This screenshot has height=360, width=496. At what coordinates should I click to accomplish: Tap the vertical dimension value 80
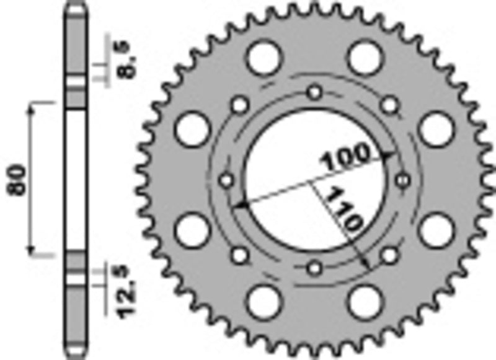18,179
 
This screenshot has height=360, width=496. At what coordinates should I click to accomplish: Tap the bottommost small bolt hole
316,268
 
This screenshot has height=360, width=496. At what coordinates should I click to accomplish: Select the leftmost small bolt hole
227,180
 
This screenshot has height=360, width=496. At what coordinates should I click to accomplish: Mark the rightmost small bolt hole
404,180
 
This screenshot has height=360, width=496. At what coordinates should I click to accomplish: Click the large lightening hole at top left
261,58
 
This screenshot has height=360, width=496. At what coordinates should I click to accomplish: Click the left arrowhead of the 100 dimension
238,203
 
